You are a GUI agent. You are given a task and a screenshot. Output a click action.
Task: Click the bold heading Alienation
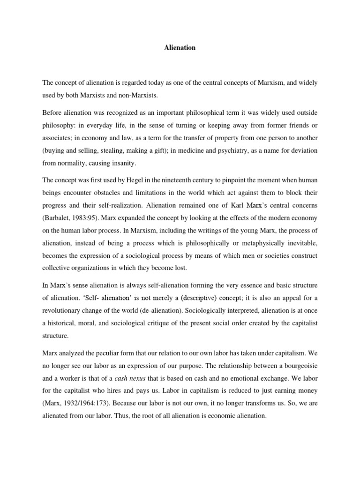pyautogui.click(x=180, y=48)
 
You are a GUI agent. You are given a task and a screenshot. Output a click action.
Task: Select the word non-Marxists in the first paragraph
pyautogui.click(x=141, y=95)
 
